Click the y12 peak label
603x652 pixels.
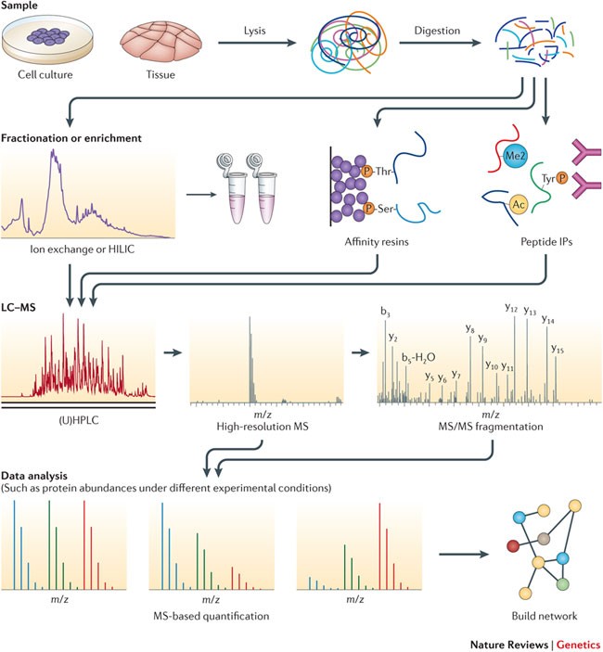(x=510, y=307)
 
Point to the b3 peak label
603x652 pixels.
(x=385, y=312)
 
